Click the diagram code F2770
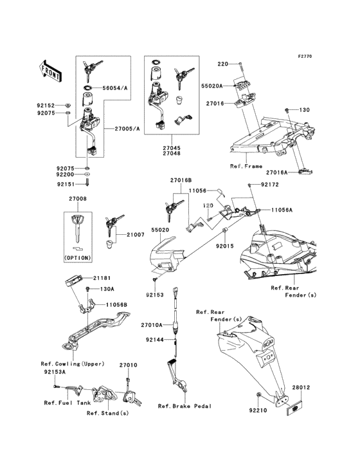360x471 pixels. (304, 57)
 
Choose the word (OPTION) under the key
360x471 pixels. (78, 257)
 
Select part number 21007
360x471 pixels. (136, 235)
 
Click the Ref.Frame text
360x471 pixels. (246, 165)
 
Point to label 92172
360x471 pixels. (269, 185)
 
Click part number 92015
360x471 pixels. (224, 246)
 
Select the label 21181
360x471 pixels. (101, 278)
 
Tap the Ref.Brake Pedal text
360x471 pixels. (185, 406)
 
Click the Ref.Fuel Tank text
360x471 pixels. (64, 403)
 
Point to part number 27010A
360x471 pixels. (152, 326)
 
